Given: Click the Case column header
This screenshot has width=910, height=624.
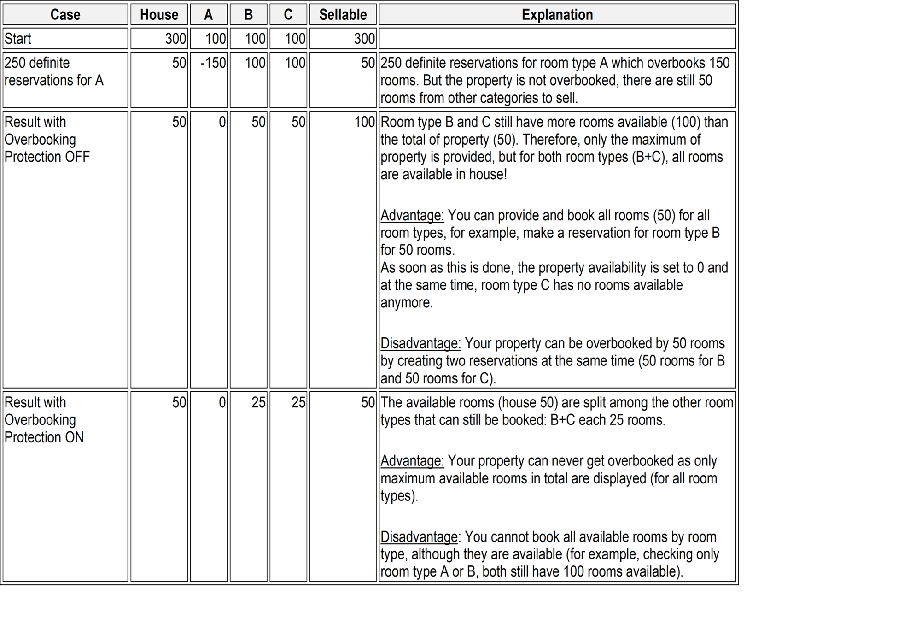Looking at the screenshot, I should (65, 15).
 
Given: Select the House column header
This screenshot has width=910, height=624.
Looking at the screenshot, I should (159, 15).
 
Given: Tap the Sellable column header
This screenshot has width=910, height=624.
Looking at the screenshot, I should (343, 15).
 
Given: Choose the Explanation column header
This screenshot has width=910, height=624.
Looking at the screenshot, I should (557, 15).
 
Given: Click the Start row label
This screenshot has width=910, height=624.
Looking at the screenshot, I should (18, 39).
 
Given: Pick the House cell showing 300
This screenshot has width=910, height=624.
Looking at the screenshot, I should (175, 39).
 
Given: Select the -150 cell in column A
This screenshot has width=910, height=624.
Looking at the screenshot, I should (213, 63).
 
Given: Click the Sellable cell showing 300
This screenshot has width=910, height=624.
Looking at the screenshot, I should (364, 39).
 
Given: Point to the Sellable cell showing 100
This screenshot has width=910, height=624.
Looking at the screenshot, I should (364, 122).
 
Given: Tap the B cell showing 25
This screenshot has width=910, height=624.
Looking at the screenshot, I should (258, 402).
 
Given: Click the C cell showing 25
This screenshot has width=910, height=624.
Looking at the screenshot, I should (298, 402).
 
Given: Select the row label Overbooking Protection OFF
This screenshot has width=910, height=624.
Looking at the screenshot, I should (47, 139).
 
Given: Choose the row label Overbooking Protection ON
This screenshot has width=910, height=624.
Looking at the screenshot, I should (44, 419).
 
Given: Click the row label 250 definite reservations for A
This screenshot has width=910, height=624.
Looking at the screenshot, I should (53, 71).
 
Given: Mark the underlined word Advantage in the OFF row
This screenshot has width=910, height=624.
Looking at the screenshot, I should (412, 215).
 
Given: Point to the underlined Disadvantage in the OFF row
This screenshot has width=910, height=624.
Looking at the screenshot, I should (420, 343).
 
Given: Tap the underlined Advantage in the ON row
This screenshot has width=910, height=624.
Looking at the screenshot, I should (412, 461).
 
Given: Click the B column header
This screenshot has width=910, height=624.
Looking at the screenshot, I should (248, 15).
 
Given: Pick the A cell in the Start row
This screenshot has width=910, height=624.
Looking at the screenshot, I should (215, 39).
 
